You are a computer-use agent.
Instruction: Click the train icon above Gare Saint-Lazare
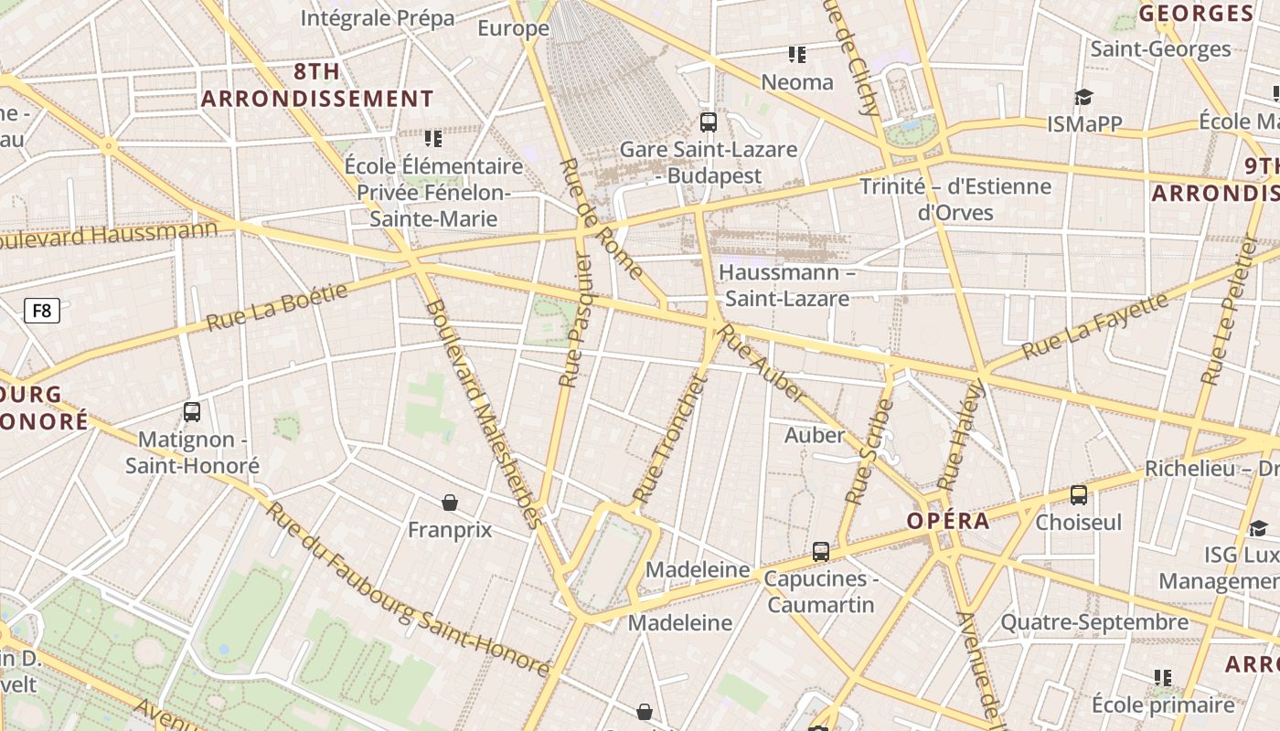pyautogui.click(x=708, y=122)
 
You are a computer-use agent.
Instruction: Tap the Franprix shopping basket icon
pyautogui.click(x=450, y=503)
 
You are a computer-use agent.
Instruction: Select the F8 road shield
pyautogui.click(x=42, y=311)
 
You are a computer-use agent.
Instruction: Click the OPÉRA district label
pyautogui.click(x=948, y=521)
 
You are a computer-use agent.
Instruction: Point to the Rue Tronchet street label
pyautogui.click(x=671, y=440)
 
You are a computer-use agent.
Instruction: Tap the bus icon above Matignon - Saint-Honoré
pyautogui.click(x=192, y=412)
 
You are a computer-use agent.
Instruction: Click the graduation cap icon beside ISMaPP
pyautogui.click(x=1083, y=98)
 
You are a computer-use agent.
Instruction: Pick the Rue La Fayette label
pyautogui.click(x=1094, y=326)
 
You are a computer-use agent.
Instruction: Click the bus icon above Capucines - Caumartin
pyautogui.click(x=821, y=552)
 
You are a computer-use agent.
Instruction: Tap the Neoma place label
pyautogui.click(x=797, y=82)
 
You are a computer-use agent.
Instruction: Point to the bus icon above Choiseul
pyautogui.click(x=1079, y=495)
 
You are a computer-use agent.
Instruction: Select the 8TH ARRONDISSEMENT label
pyautogui.click(x=317, y=86)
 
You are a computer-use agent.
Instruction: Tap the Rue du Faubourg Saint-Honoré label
pyautogui.click(x=408, y=589)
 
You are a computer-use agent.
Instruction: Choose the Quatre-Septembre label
pyautogui.click(x=1094, y=622)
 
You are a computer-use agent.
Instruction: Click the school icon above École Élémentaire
pyautogui.click(x=433, y=139)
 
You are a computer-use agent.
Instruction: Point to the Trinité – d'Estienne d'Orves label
pyautogui.click(x=955, y=199)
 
